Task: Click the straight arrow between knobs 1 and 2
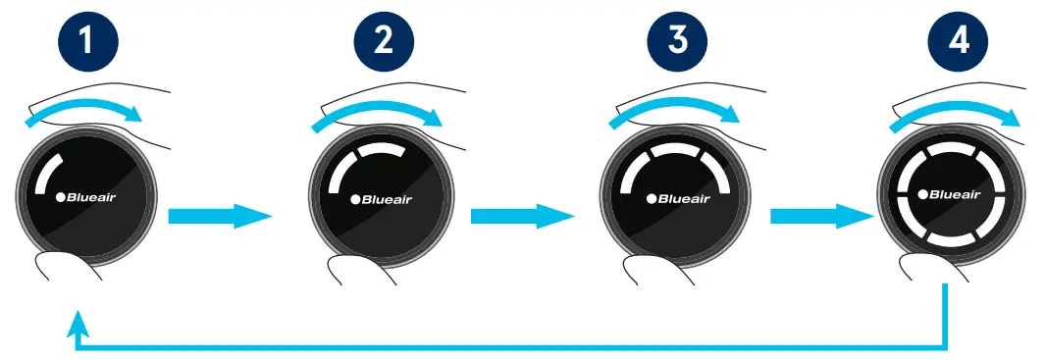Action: pos(219,216)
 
